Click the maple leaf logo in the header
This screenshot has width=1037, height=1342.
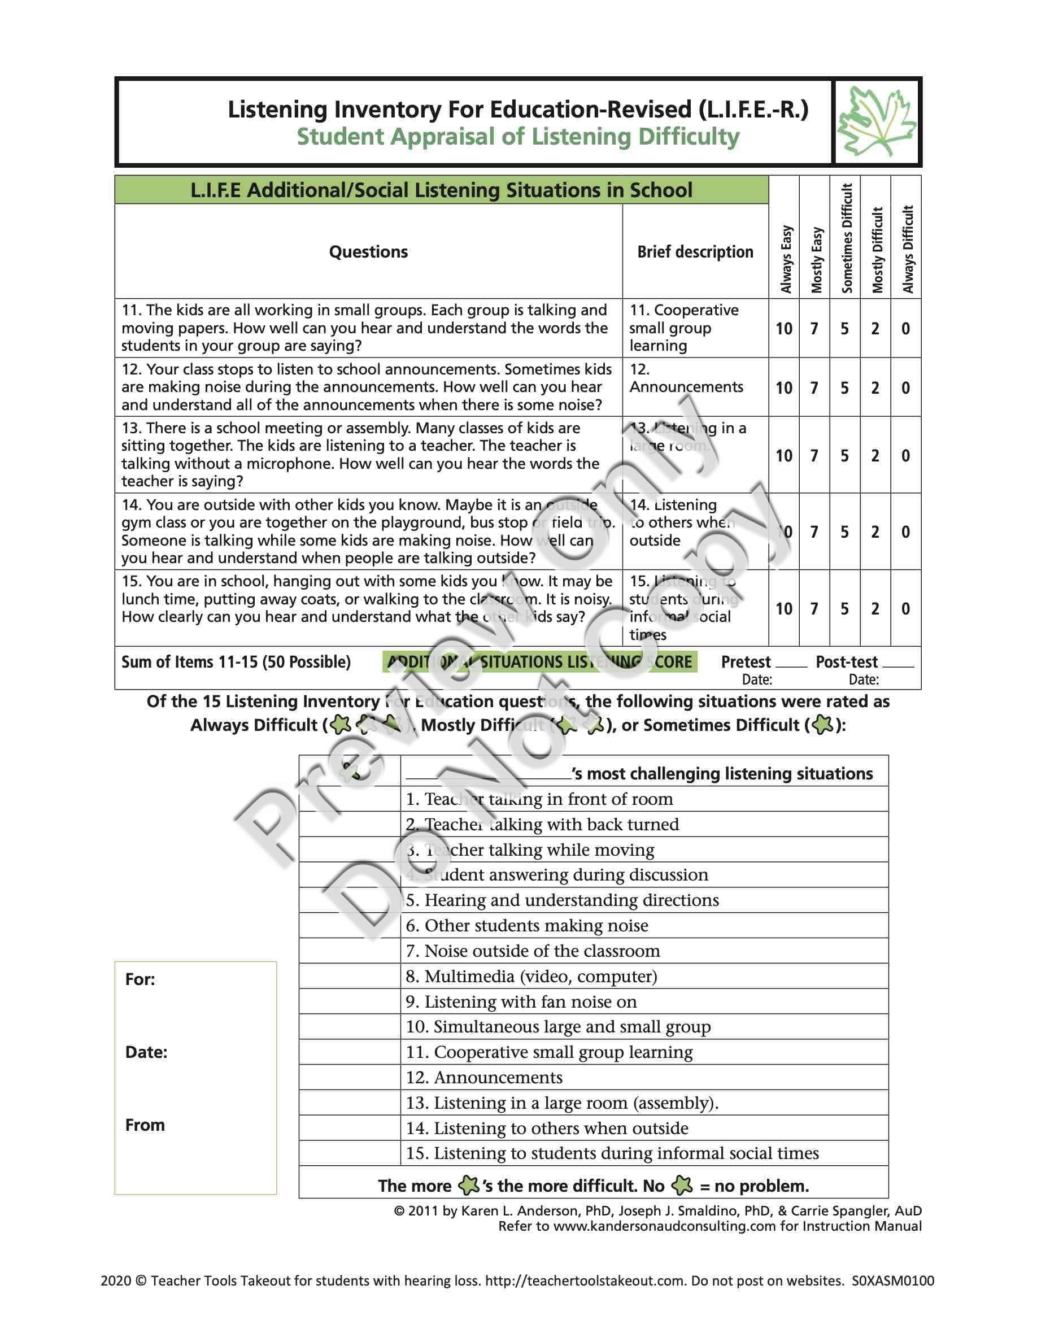[x=877, y=121]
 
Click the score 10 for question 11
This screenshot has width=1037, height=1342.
[x=784, y=329]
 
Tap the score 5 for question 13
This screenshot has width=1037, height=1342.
[x=845, y=456]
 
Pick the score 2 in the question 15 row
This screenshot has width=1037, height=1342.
[x=875, y=609]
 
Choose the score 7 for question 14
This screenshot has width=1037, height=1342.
[x=814, y=532]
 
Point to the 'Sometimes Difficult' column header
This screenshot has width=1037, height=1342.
[x=847, y=238]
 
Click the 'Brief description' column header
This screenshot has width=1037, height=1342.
[x=695, y=252]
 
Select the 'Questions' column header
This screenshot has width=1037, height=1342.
[x=368, y=252]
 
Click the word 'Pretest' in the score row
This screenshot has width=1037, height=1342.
[x=745, y=663]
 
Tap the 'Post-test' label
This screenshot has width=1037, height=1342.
[x=846, y=663]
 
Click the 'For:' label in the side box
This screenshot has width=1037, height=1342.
[x=140, y=979]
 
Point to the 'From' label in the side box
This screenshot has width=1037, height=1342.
[x=145, y=1125]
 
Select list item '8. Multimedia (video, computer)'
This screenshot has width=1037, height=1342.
[x=531, y=977]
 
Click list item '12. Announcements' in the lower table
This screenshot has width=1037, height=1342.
[x=483, y=1078]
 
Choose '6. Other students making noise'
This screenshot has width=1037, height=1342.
[x=526, y=926]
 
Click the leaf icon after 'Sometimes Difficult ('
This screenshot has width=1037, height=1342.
[x=822, y=726]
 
